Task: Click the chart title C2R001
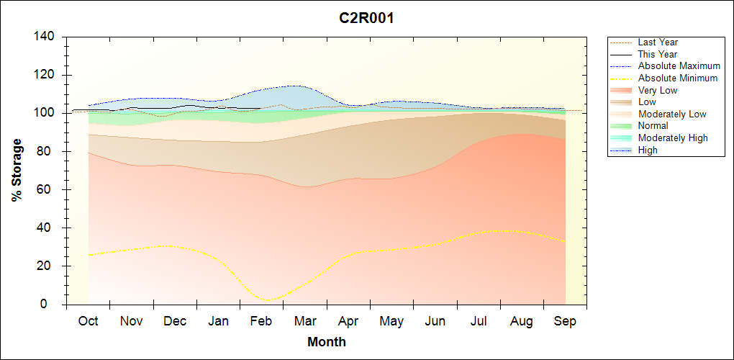click(366, 18)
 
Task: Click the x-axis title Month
click(326, 342)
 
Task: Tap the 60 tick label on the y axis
click(49, 190)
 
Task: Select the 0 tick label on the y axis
click(53, 305)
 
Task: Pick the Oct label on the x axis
click(88, 321)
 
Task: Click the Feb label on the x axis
click(261, 321)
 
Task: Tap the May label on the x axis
click(391, 321)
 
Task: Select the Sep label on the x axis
click(565, 321)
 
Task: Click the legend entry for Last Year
click(658, 42)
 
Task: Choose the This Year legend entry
click(658, 54)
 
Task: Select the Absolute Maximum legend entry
click(679, 66)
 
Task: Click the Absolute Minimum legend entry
click(678, 78)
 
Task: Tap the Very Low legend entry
click(658, 90)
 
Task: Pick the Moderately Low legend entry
click(672, 114)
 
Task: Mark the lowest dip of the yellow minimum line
click(268, 300)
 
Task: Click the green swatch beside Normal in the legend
click(621, 126)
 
